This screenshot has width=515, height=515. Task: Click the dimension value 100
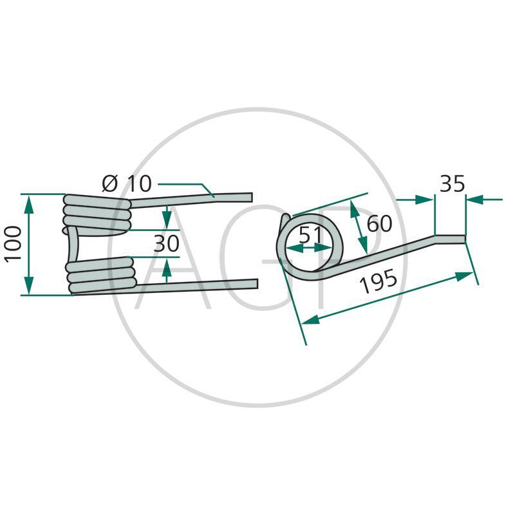[13, 244]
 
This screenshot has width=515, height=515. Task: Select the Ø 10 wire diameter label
[127, 183]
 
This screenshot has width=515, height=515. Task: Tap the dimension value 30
[167, 243]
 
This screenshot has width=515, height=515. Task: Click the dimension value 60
[379, 223]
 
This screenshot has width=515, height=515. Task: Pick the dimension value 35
[453, 183]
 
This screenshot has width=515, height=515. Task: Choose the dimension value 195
[379, 281]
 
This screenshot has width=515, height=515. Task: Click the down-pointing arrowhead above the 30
[167, 220]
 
